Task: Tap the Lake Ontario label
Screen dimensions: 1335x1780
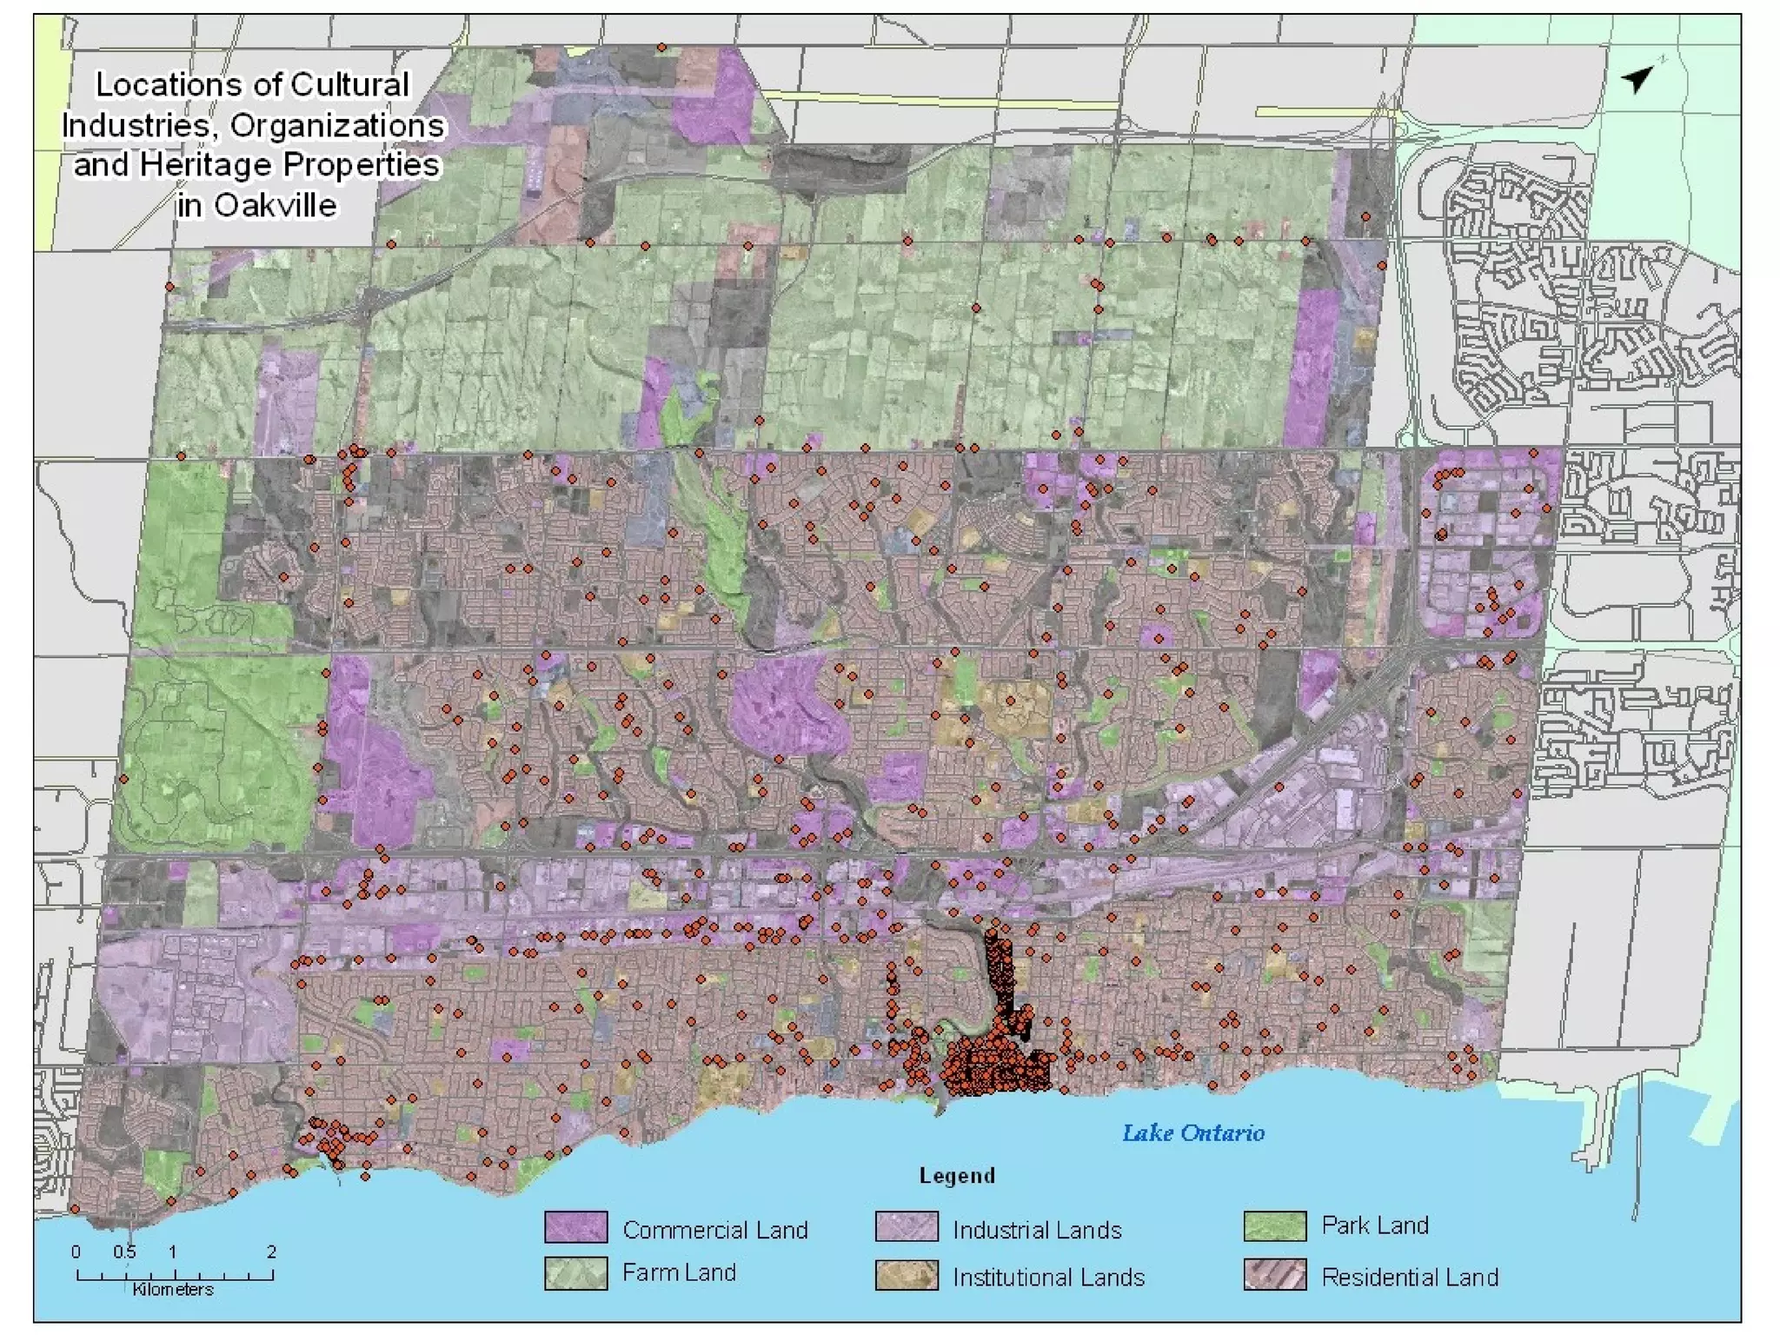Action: (x=1192, y=1133)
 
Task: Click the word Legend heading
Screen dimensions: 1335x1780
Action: (x=957, y=1176)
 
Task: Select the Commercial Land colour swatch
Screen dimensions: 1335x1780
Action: (x=575, y=1227)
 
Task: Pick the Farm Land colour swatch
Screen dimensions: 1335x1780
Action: (x=575, y=1274)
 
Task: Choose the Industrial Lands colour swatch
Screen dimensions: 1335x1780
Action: (x=907, y=1227)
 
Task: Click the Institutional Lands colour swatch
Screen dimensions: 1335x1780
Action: (x=907, y=1275)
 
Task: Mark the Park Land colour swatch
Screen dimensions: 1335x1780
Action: (x=1274, y=1226)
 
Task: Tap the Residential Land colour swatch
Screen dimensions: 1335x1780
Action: (x=1274, y=1275)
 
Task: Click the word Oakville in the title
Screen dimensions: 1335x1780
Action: (x=276, y=206)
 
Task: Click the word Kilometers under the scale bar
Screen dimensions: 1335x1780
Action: (x=173, y=1290)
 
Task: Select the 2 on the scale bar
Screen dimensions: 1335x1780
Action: (x=271, y=1252)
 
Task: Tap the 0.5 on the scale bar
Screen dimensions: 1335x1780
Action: (x=124, y=1252)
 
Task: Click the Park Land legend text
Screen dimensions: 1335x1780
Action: (x=1375, y=1225)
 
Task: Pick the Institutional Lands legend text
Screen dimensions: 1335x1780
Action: (x=1048, y=1277)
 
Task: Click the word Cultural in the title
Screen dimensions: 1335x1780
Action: (x=349, y=85)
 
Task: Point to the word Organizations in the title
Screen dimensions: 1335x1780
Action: (x=337, y=126)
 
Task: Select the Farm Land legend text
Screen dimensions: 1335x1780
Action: (x=679, y=1272)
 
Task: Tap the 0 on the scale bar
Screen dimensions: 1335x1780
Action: (x=76, y=1252)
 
